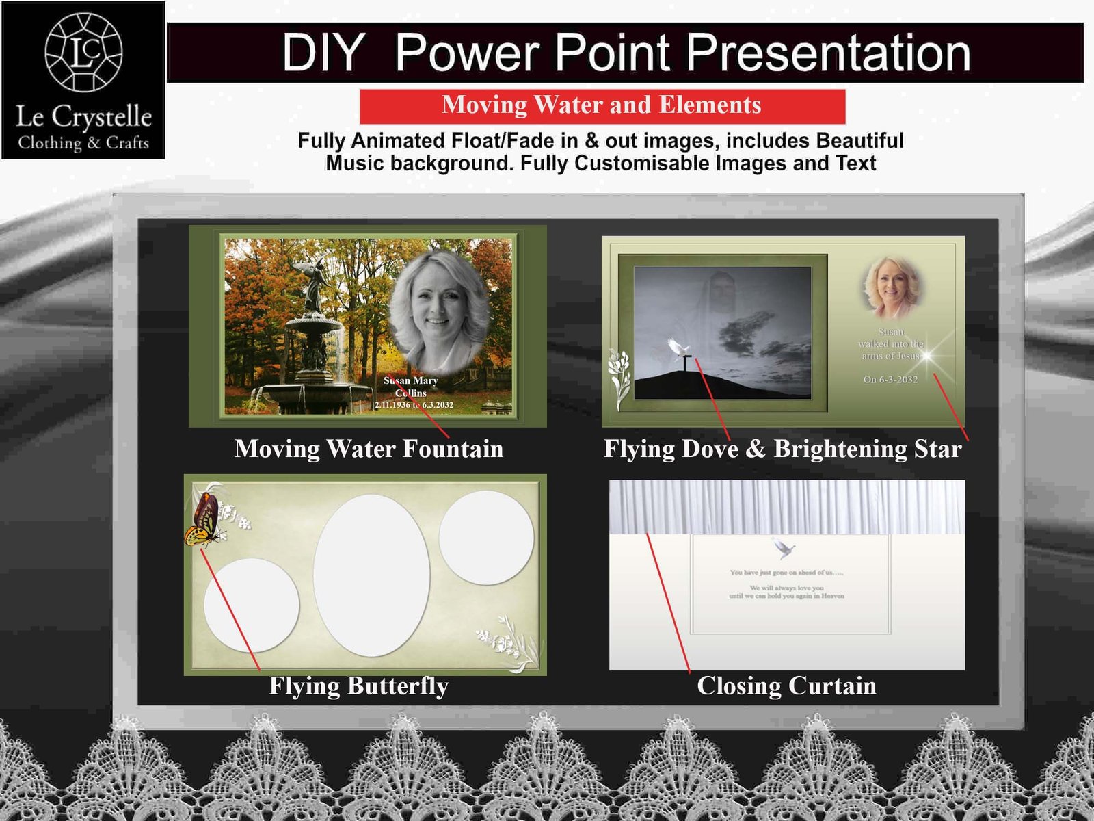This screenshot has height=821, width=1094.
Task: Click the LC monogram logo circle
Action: [x=83, y=53]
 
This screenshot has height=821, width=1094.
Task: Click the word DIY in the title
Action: [x=323, y=53]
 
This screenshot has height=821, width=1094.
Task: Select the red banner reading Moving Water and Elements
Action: [x=602, y=105]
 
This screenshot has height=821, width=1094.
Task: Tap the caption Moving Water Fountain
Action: [x=369, y=449]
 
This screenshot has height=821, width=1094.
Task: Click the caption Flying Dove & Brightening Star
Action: [x=782, y=449]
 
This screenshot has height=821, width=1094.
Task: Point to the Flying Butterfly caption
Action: [x=358, y=686]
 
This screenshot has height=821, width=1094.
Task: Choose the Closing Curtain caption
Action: [x=786, y=686]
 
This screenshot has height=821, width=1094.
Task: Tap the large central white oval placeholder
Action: [x=371, y=575]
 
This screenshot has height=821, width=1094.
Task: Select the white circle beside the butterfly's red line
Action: [x=252, y=605]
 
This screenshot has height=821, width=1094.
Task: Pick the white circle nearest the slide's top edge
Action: [x=486, y=537]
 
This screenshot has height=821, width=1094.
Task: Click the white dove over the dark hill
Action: [x=679, y=349]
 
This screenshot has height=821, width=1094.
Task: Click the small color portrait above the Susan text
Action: [x=891, y=287]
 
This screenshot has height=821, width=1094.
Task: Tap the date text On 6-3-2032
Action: [x=890, y=380]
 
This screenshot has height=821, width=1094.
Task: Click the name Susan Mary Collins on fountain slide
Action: [x=411, y=387]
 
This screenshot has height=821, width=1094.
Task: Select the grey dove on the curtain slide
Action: [x=784, y=548]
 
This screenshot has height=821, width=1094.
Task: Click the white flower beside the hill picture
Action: [x=619, y=378]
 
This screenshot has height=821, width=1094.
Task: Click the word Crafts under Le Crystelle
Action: [x=127, y=143]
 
